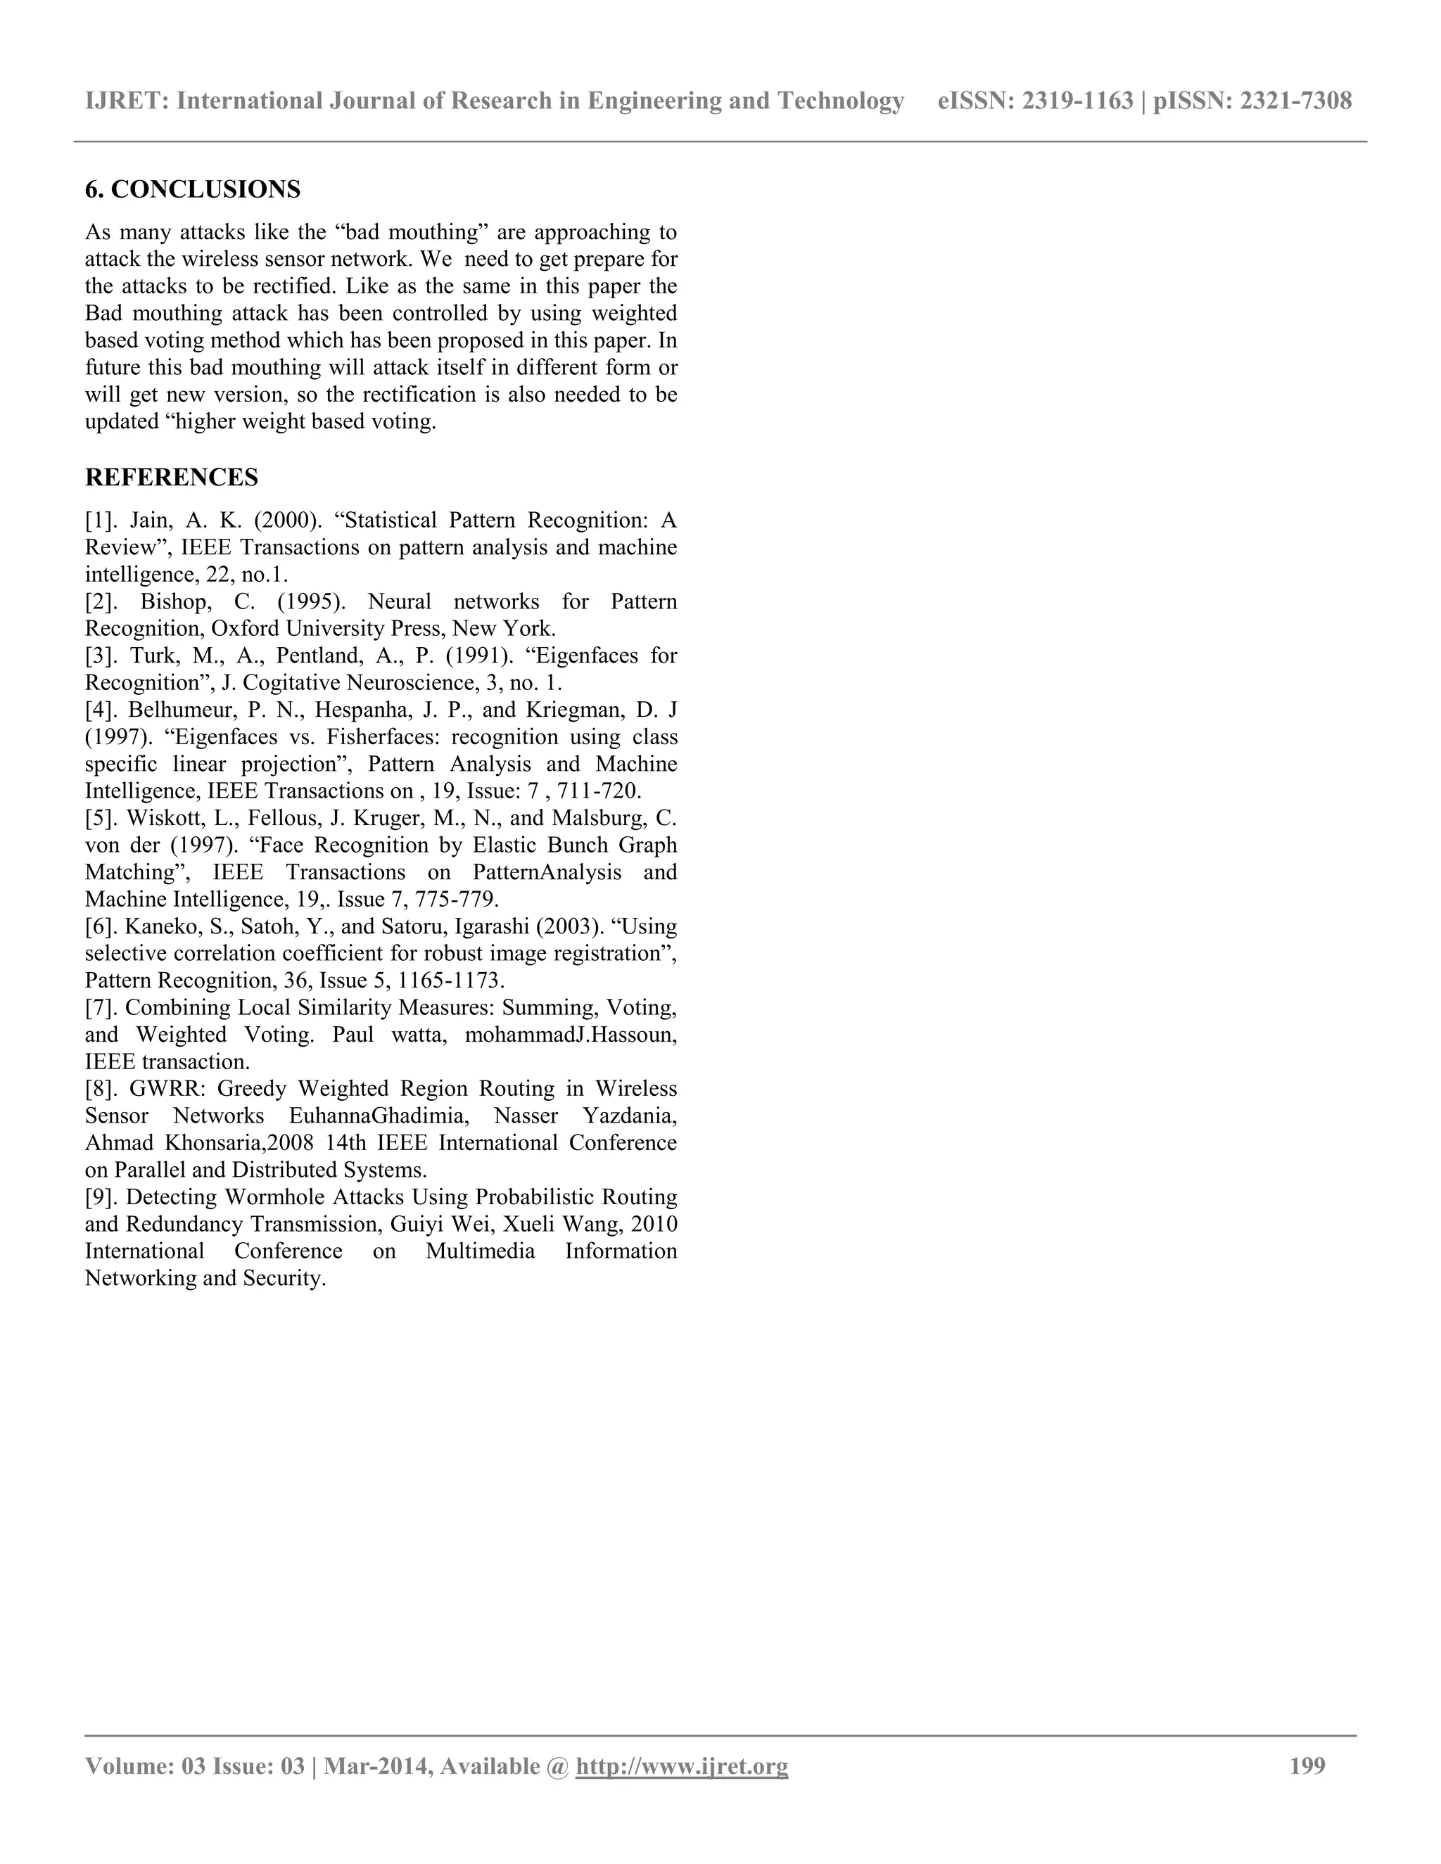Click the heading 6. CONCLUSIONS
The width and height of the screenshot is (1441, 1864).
click(192, 189)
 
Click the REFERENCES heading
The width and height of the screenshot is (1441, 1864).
click(172, 477)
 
